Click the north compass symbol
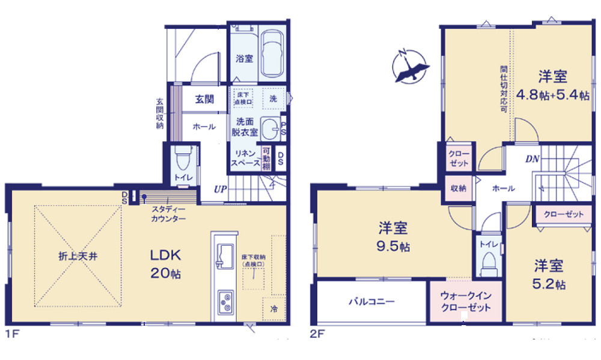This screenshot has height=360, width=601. [x=411, y=65]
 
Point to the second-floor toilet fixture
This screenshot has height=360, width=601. [x=488, y=261]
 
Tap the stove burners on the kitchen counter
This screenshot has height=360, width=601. [x=225, y=301]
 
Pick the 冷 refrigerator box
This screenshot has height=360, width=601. [x=274, y=309]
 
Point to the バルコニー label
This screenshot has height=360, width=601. [x=372, y=302]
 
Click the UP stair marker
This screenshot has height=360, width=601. [x=220, y=190]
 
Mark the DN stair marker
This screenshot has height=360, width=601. [x=532, y=159]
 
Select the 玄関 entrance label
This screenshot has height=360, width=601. [x=204, y=100]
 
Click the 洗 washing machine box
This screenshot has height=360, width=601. [x=273, y=98]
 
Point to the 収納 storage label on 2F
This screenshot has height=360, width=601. [x=459, y=188]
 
